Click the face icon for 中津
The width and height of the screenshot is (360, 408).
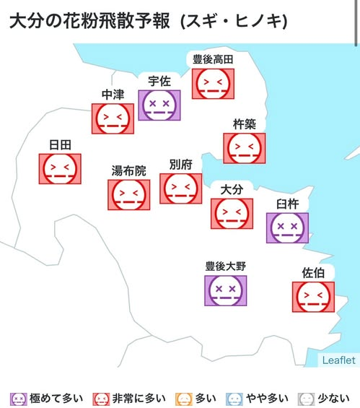click(113, 118)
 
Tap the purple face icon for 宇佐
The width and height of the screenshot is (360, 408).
click(159, 105)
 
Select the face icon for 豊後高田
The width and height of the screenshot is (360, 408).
click(213, 84)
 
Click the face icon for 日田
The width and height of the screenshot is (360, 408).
click(59, 169)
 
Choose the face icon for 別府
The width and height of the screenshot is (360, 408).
click(180, 188)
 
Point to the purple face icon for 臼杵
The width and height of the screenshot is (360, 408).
click(287, 228)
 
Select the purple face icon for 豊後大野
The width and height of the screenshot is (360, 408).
click(225, 291)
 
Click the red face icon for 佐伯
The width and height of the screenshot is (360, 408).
click(313, 297)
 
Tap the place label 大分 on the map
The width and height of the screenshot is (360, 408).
click(231, 189)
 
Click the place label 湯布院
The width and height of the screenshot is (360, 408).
click(128, 171)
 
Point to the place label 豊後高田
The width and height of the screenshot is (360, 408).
click(213, 59)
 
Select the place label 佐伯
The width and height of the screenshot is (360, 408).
click(313, 273)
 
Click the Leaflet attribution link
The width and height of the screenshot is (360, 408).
click(338, 360)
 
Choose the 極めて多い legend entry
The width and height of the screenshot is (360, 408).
click(47, 398)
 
